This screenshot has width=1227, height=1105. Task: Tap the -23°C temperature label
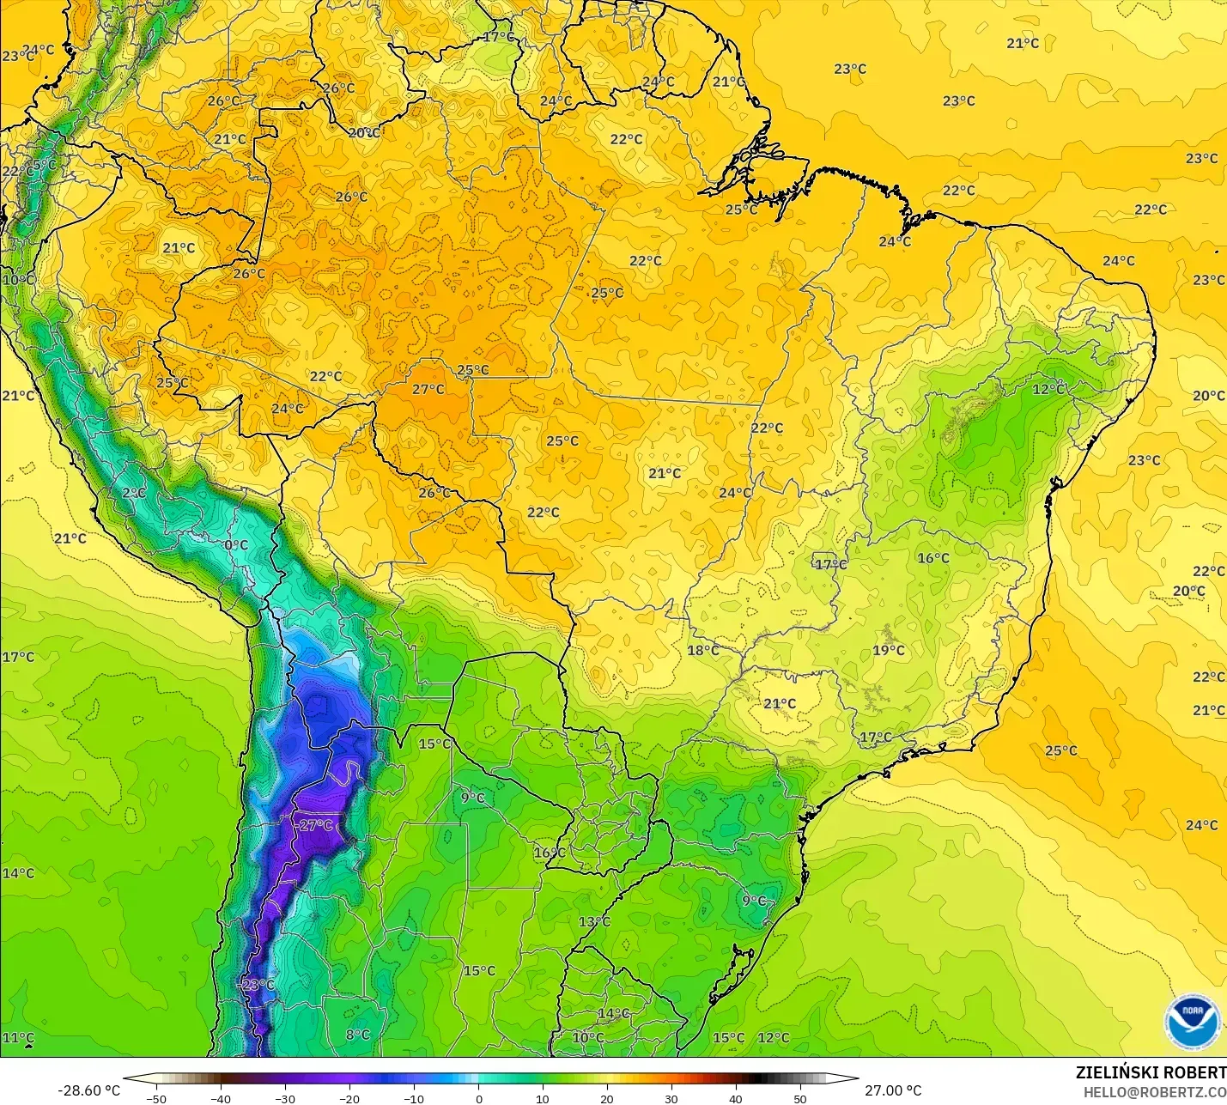(x=255, y=985)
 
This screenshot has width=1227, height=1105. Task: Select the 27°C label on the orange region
(x=428, y=390)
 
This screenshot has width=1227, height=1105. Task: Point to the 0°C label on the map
(x=235, y=545)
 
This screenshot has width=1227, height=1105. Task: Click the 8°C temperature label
(x=357, y=1035)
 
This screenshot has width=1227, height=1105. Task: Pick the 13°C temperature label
(x=593, y=922)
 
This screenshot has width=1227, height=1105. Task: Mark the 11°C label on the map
(x=18, y=1038)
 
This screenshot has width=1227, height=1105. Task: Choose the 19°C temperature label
(x=888, y=651)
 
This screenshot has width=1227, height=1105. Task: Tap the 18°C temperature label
(x=702, y=651)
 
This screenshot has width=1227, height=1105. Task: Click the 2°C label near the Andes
(x=133, y=494)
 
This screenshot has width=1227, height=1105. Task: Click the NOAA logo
(x=1193, y=1021)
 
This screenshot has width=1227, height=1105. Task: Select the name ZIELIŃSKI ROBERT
(x=1151, y=1073)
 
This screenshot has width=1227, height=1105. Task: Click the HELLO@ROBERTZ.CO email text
(x=1154, y=1092)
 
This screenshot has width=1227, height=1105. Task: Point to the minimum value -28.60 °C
(x=88, y=1090)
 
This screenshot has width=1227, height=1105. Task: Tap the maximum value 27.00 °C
(x=893, y=1090)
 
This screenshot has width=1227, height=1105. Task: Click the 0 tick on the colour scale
(x=478, y=1098)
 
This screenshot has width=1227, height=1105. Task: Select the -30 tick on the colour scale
(x=285, y=1098)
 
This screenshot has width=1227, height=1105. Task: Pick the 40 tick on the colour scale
(x=736, y=1098)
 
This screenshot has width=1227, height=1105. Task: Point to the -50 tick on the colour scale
(x=156, y=1098)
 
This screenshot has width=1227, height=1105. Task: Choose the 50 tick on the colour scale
(x=800, y=1098)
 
